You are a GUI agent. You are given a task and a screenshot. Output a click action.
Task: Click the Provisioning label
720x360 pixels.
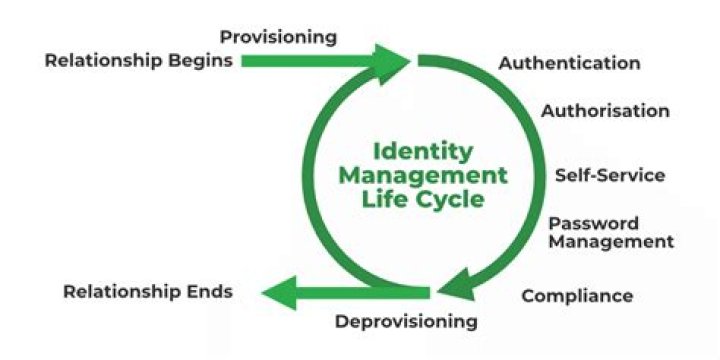(278, 37)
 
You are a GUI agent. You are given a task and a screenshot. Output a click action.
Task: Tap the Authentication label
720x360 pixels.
(569, 63)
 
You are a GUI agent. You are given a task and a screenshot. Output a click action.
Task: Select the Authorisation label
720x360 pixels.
(605, 111)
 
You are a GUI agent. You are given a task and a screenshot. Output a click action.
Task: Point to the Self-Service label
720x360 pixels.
(610, 176)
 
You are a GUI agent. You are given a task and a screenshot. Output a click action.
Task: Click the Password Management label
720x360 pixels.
(610, 232)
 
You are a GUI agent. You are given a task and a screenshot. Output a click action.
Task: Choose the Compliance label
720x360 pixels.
(577, 295)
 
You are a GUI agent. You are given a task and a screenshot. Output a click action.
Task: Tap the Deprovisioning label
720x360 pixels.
(406, 321)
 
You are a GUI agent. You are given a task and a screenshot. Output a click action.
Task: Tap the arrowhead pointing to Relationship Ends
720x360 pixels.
(278, 292)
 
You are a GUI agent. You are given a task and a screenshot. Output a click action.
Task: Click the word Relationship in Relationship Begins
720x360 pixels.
(103, 60)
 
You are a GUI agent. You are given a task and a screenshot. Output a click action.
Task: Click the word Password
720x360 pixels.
(593, 223)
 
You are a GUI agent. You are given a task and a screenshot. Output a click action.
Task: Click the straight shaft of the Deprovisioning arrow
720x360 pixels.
(360, 292)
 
